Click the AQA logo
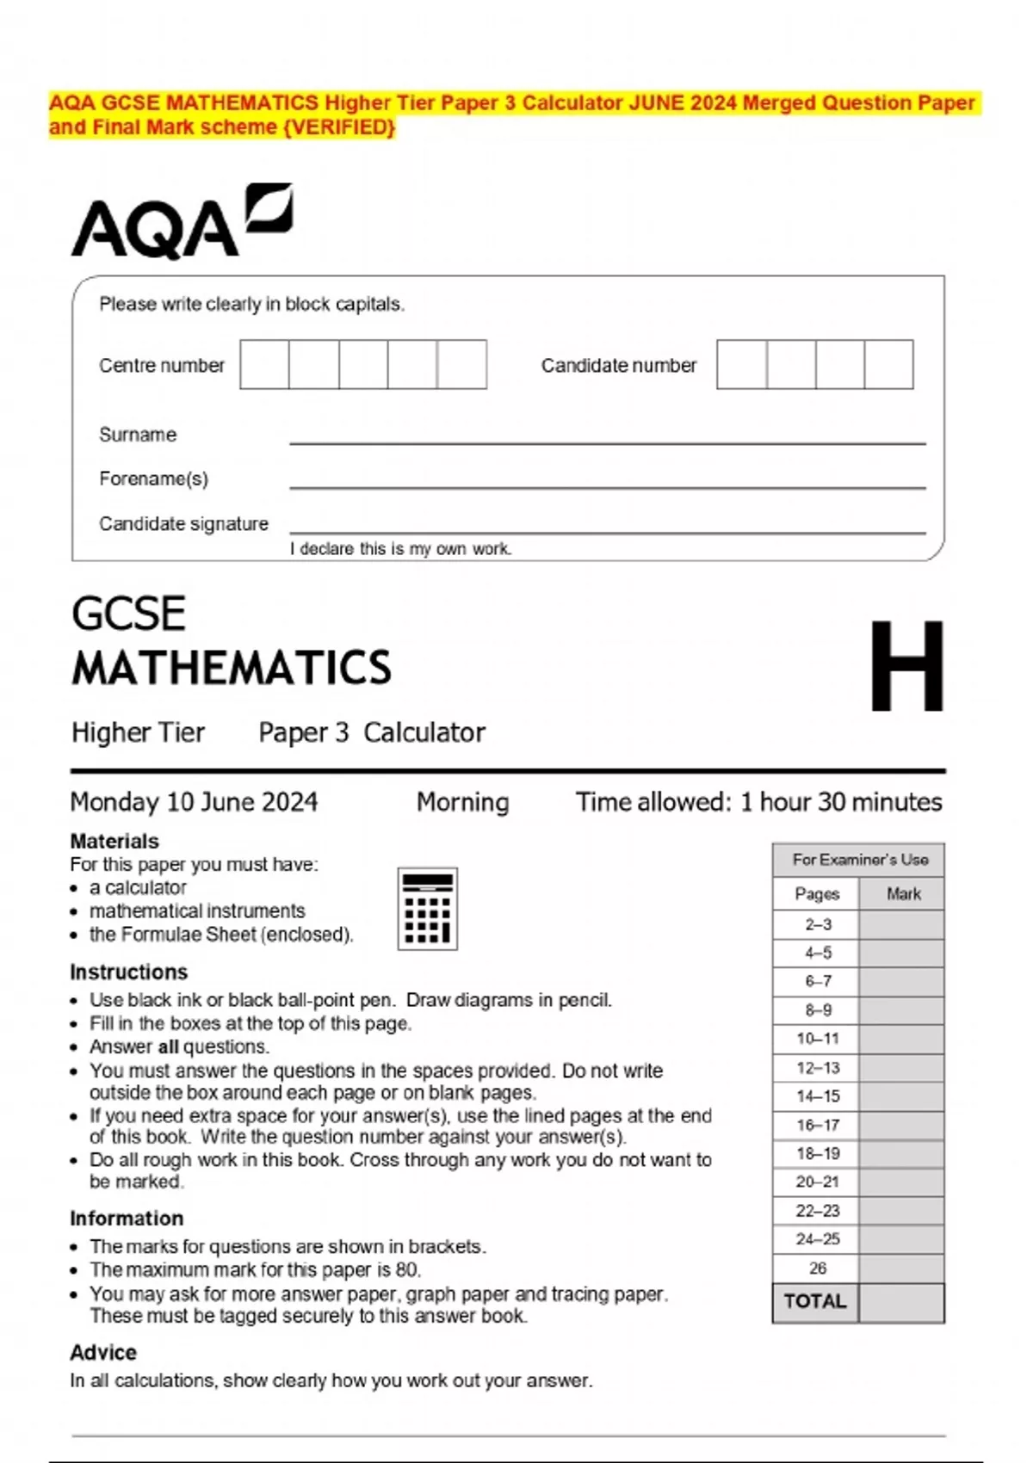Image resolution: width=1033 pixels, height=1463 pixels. pos(181,222)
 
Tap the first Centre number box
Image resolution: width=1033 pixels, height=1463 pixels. pos(264,364)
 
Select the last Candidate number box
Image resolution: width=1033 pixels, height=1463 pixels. pos(888,364)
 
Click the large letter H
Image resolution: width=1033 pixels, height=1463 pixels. pos(906,667)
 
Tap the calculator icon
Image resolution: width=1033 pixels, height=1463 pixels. pos(427,909)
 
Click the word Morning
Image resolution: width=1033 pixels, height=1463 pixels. pos(462,802)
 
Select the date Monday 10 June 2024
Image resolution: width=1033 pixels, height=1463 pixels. pos(194,802)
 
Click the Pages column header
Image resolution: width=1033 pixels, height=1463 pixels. pos(816,894)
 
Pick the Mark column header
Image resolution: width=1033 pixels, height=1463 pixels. pos(903,894)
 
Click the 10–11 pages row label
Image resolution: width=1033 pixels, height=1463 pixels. pos(816,1039)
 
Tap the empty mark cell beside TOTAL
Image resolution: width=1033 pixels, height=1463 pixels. pos(901,1302)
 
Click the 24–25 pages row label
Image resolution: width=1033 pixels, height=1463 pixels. pos(816,1239)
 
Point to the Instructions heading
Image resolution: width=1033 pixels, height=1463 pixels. pos(128,972)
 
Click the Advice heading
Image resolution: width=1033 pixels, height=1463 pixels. pos(103,1352)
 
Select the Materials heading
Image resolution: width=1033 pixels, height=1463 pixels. pos(114,841)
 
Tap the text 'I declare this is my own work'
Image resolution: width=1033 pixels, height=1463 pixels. pos(401,549)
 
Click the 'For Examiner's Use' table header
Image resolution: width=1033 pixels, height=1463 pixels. pos(859,860)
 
